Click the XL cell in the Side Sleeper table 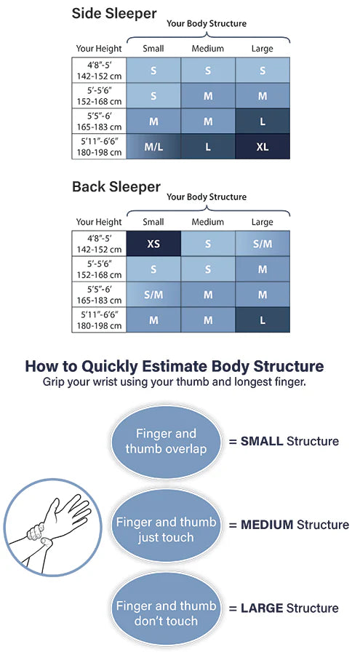click(x=263, y=146)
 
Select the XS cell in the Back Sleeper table click(x=153, y=244)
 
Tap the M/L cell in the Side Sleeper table click(x=153, y=146)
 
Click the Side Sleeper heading click(x=114, y=14)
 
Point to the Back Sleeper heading click(x=116, y=187)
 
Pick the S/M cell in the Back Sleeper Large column click(x=263, y=244)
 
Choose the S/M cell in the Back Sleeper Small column click(x=153, y=295)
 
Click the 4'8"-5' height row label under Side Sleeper click(x=99, y=71)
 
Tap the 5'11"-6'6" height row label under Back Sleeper click(x=99, y=320)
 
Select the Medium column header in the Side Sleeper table click(x=207, y=49)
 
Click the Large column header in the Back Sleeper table click(x=262, y=222)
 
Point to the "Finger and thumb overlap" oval click(x=166, y=442)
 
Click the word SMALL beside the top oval click(x=262, y=441)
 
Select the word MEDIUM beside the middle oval click(x=267, y=525)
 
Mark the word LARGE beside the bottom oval click(x=262, y=608)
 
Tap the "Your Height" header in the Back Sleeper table click(x=99, y=222)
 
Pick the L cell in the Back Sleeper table click(x=263, y=320)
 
